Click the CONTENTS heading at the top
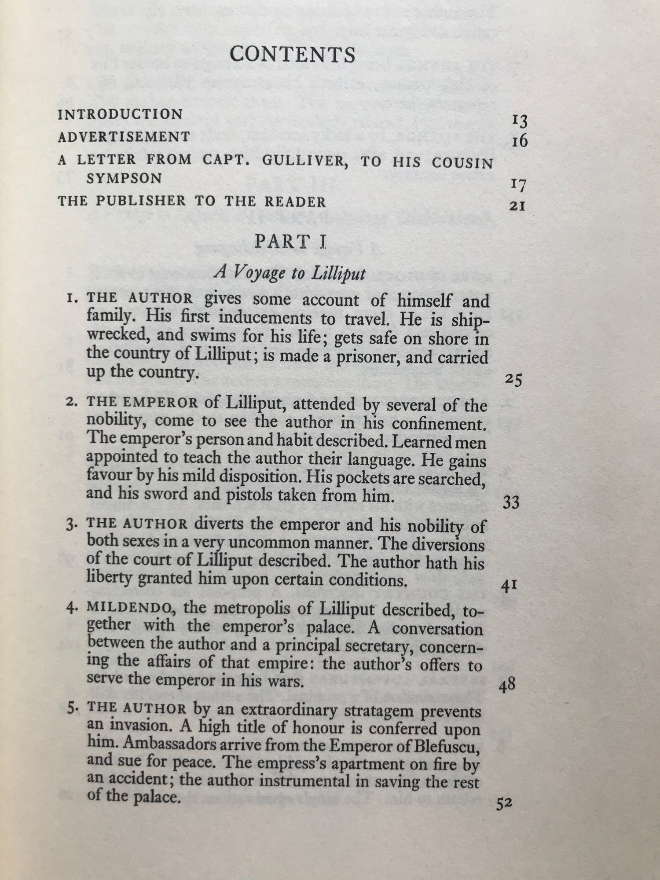[x=293, y=55]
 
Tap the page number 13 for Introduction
[x=519, y=120]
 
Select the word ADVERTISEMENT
[x=124, y=137]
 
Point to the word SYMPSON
[x=124, y=179]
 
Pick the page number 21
[x=517, y=205]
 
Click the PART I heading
[x=290, y=242]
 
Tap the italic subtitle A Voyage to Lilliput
[x=290, y=273]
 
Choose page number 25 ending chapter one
[x=513, y=379]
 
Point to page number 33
[x=511, y=502]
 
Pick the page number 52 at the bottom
[x=504, y=803]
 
